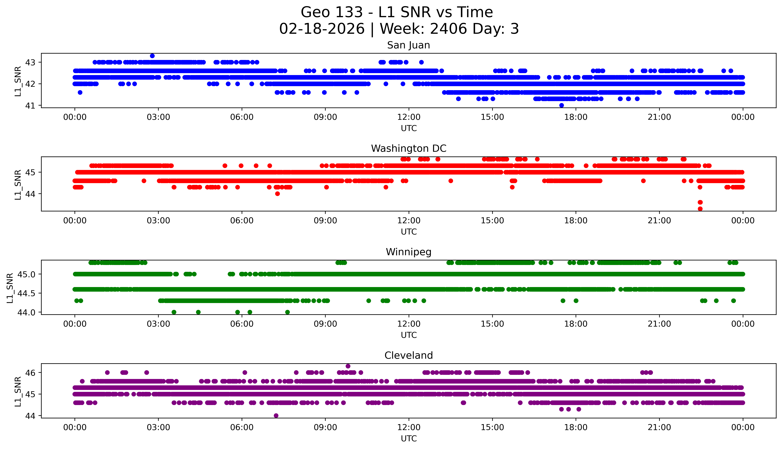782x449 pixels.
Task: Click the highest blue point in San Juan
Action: pyautogui.click(x=152, y=56)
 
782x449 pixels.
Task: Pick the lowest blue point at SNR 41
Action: pyautogui.click(x=561, y=105)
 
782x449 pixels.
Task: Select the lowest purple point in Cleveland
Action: pyautogui.click(x=276, y=416)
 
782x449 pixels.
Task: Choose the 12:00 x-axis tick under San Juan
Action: pyautogui.click(x=409, y=117)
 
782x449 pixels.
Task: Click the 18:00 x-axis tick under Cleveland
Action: pyautogui.click(x=576, y=427)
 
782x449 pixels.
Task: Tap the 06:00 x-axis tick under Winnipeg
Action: pyautogui.click(x=242, y=324)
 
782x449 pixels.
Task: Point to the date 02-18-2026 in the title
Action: pyautogui.click(x=322, y=29)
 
